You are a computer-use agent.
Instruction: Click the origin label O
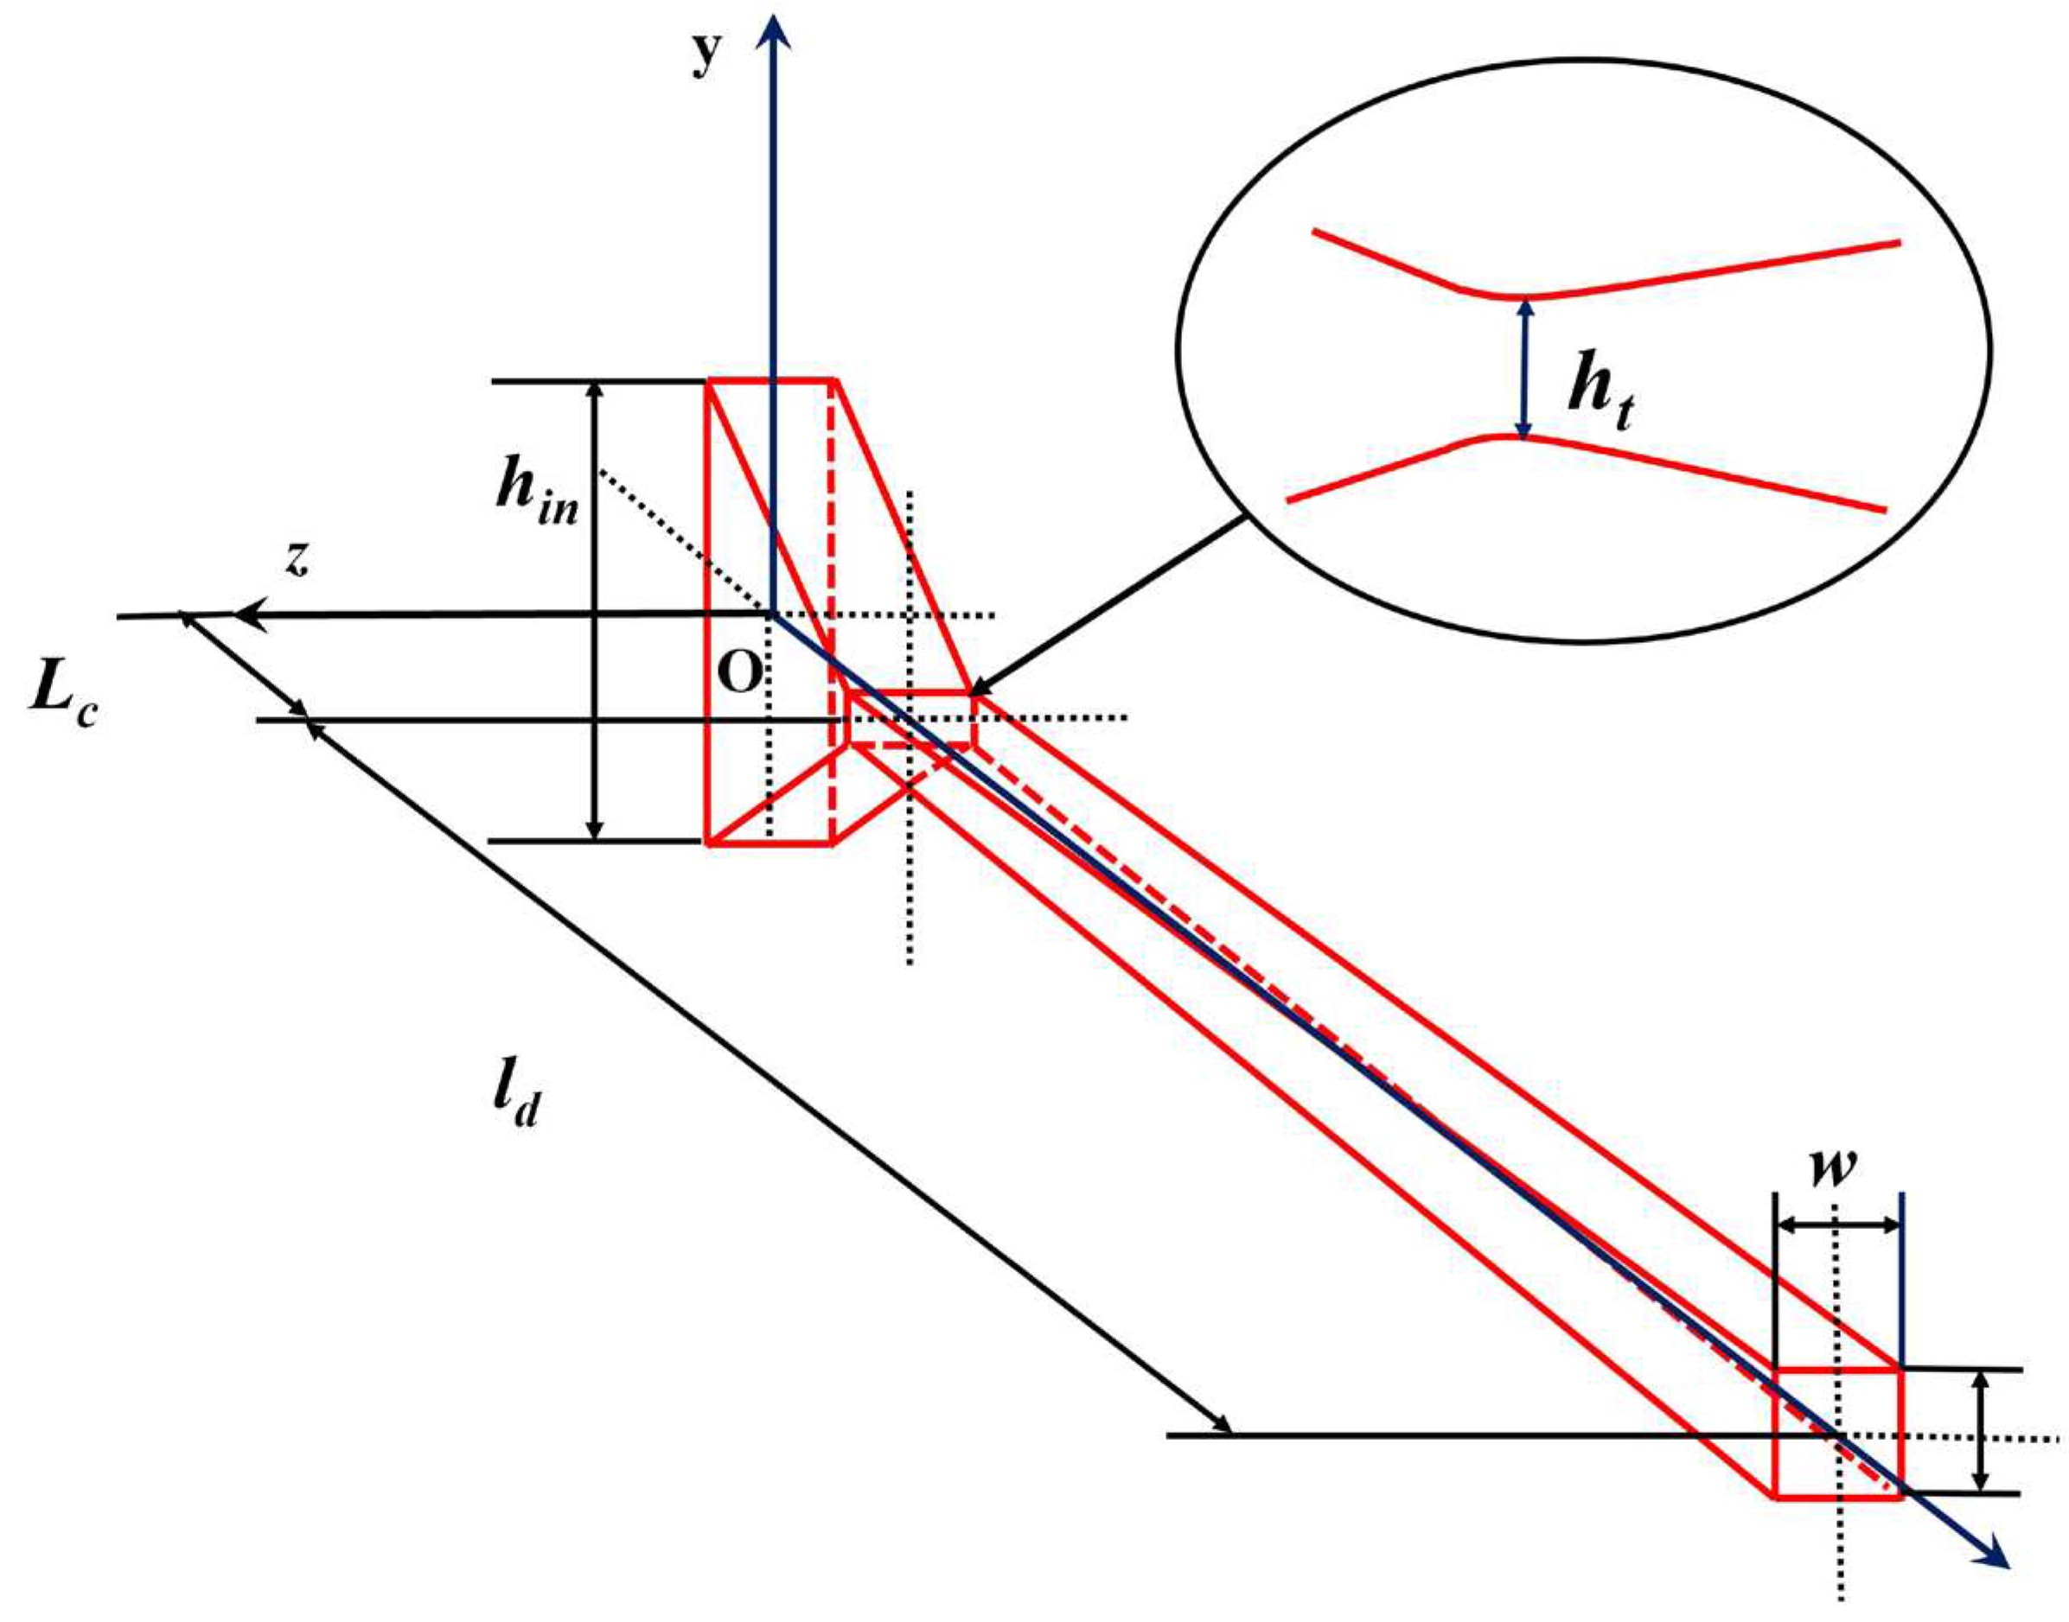(x=739, y=674)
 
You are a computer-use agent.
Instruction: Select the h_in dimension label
(x=536, y=499)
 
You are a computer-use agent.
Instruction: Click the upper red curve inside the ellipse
(x=1606, y=276)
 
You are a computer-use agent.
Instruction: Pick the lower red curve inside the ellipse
(x=1587, y=465)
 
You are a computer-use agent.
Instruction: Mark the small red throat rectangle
(x=910, y=720)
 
